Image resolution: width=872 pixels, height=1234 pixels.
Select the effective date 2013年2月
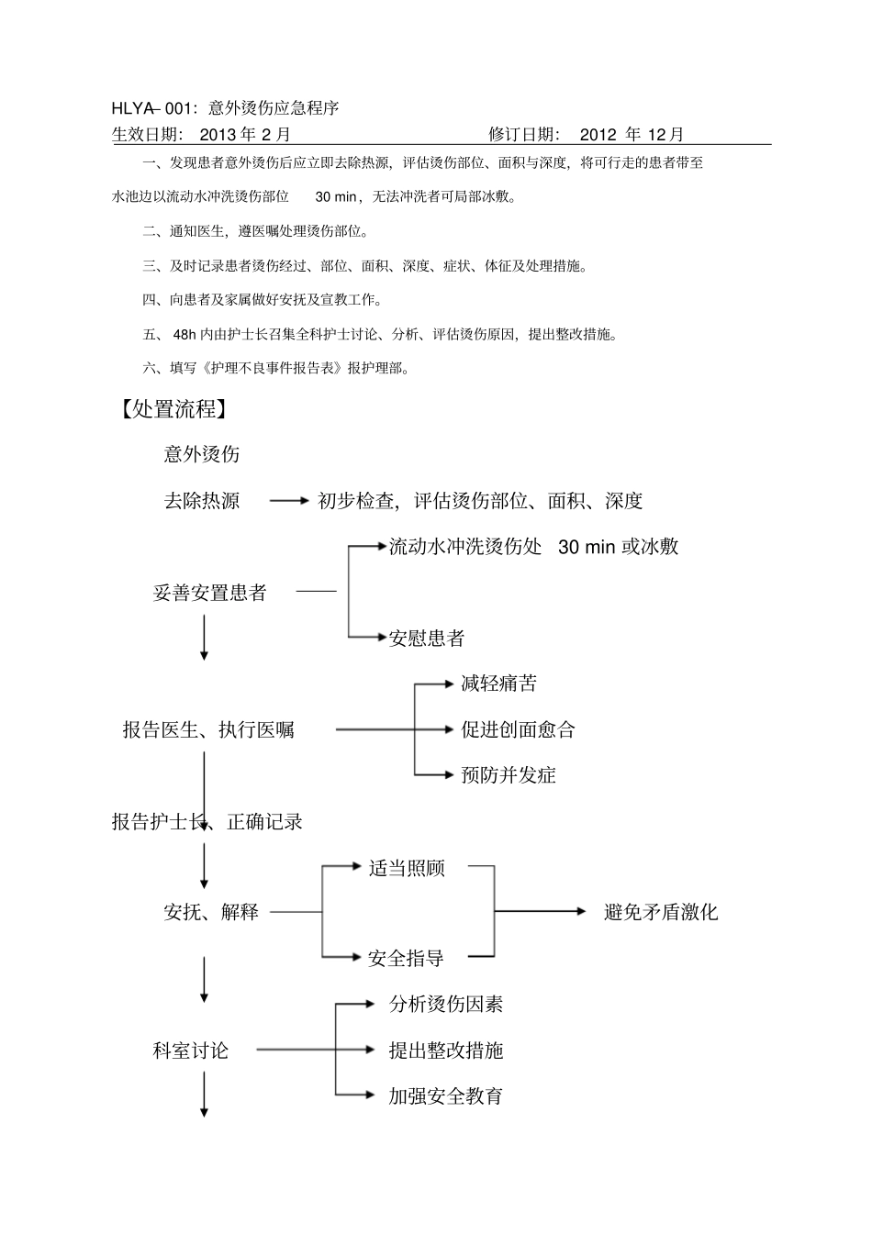[x=244, y=135]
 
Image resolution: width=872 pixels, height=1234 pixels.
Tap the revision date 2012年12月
[x=632, y=135]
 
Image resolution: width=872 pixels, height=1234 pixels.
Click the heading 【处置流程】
[x=170, y=408]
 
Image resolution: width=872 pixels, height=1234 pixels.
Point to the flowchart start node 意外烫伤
[x=202, y=454]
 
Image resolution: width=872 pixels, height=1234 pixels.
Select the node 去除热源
[x=202, y=501]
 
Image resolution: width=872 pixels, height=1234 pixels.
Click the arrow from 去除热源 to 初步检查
[x=289, y=501]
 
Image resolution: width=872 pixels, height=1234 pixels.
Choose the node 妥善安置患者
[x=209, y=593]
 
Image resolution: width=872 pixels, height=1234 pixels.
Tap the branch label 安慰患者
[x=427, y=638]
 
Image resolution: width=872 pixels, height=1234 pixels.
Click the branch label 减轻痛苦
[x=498, y=684]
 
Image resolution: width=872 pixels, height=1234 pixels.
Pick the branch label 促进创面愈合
[x=518, y=730]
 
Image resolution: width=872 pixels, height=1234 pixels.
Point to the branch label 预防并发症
[x=508, y=775]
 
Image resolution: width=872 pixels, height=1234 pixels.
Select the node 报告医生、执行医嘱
[x=208, y=730]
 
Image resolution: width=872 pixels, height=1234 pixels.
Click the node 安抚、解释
[x=211, y=912]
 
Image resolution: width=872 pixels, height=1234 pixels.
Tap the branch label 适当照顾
[x=407, y=868]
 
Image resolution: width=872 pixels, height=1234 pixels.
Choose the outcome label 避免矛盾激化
[x=661, y=912]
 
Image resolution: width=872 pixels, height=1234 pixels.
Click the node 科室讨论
[x=190, y=1051]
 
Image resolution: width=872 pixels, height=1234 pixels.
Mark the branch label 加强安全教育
[x=445, y=1095]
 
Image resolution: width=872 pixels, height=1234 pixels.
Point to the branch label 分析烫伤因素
[x=445, y=1004]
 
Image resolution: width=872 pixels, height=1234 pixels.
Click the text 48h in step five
[x=184, y=335]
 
